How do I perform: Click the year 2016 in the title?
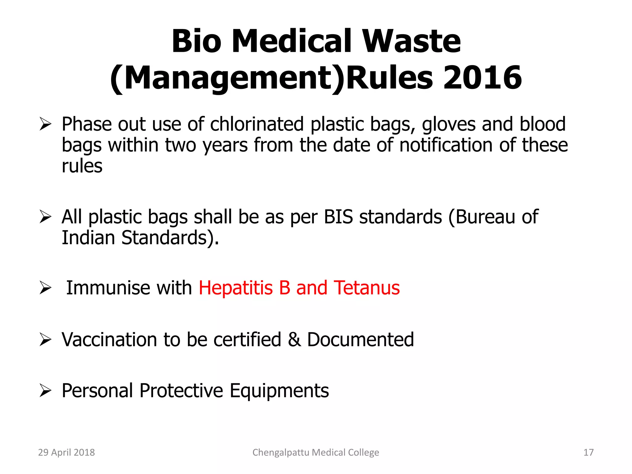click(482, 77)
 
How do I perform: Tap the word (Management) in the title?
click(227, 77)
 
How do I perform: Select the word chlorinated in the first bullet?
click(257, 124)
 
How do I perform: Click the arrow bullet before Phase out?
click(45, 125)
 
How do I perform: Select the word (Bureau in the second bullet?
click(481, 217)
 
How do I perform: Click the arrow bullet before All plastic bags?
click(45, 217)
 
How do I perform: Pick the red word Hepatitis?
click(236, 288)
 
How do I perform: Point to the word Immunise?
click(108, 288)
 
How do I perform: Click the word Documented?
click(360, 340)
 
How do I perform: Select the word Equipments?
click(279, 391)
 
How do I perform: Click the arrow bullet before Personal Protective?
click(45, 391)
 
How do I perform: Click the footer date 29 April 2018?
click(66, 452)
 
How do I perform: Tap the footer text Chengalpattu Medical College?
click(316, 452)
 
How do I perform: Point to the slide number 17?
click(588, 452)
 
